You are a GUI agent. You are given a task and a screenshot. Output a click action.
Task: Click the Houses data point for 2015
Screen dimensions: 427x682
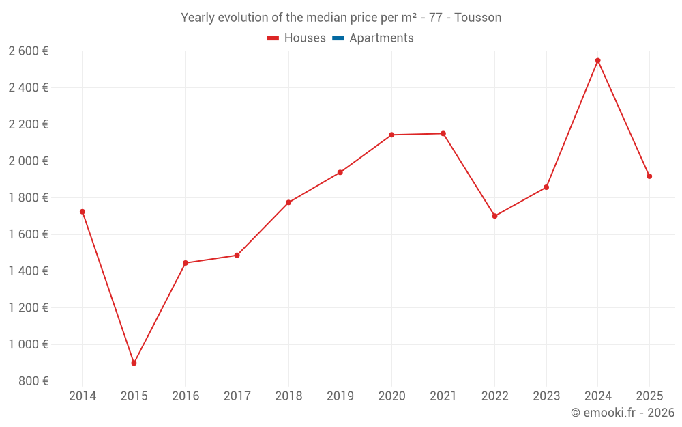click(134, 363)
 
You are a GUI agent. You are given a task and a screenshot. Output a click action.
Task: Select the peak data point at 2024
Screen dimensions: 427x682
click(597, 61)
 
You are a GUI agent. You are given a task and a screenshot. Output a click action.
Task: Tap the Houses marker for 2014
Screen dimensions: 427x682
click(83, 212)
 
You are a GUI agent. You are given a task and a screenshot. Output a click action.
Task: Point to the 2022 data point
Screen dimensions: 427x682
click(494, 216)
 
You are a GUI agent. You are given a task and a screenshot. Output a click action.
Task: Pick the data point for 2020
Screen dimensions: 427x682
click(391, 135)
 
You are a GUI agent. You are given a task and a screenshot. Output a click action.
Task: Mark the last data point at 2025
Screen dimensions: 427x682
click(649, 176)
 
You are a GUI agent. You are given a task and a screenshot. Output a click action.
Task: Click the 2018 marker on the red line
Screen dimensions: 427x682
click(288, 202)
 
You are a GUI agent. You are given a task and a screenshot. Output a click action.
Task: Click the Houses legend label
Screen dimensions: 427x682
click(305, 38)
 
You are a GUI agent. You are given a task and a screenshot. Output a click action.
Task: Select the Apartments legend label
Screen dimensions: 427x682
click(381, 38)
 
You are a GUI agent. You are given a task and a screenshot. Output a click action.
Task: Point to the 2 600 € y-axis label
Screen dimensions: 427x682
click(28, 51)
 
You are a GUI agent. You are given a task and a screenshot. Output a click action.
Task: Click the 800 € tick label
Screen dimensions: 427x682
click(33, 381)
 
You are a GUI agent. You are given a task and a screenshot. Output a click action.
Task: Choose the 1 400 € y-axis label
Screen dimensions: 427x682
click(28, 271)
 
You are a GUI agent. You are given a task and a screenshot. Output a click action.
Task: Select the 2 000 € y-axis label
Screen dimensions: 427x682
click(28, 161)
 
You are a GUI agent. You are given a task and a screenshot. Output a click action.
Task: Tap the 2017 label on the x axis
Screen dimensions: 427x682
click(237, 396)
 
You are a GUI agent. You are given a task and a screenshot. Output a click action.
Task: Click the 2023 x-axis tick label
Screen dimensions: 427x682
click(546, 396)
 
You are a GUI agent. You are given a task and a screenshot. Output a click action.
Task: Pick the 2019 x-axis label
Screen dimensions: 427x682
click(340, 396)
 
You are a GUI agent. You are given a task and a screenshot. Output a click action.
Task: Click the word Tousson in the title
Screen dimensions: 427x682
click(477, 18)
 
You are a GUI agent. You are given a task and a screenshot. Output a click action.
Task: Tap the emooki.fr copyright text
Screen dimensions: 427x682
click(623, 413)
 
